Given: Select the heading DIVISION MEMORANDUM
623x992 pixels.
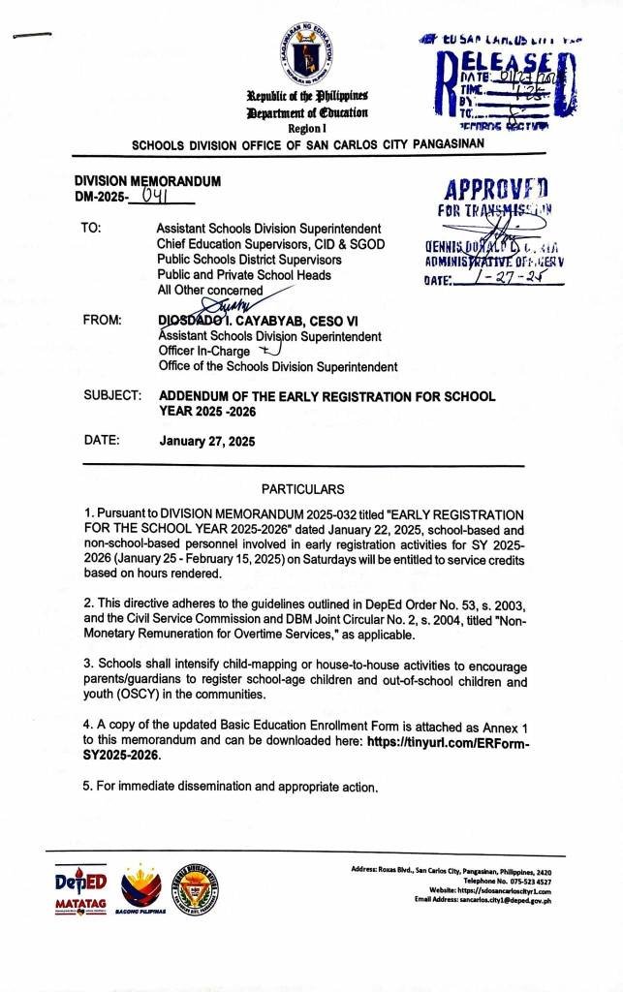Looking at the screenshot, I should coord(148,181).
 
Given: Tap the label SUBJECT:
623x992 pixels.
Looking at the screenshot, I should coord(112,397).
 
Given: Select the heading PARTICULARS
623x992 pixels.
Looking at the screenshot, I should coord(303,489).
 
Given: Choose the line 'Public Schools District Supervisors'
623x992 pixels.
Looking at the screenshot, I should coord(249,260).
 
